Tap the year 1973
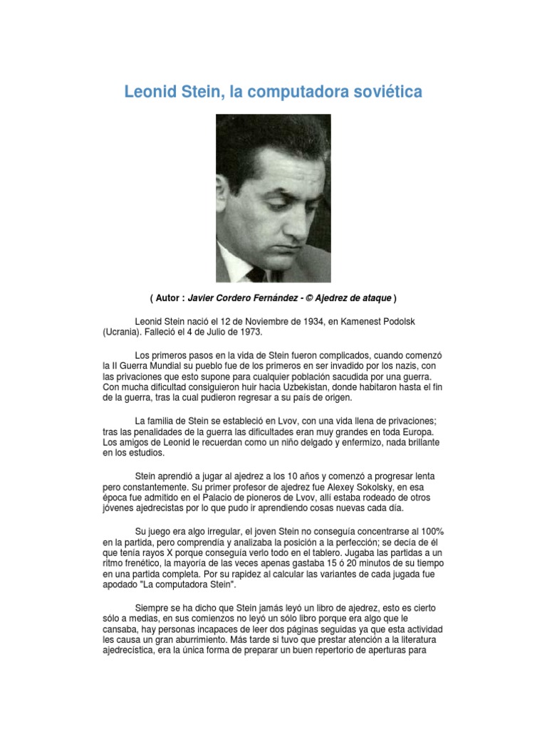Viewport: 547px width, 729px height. (x=249, y=332)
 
